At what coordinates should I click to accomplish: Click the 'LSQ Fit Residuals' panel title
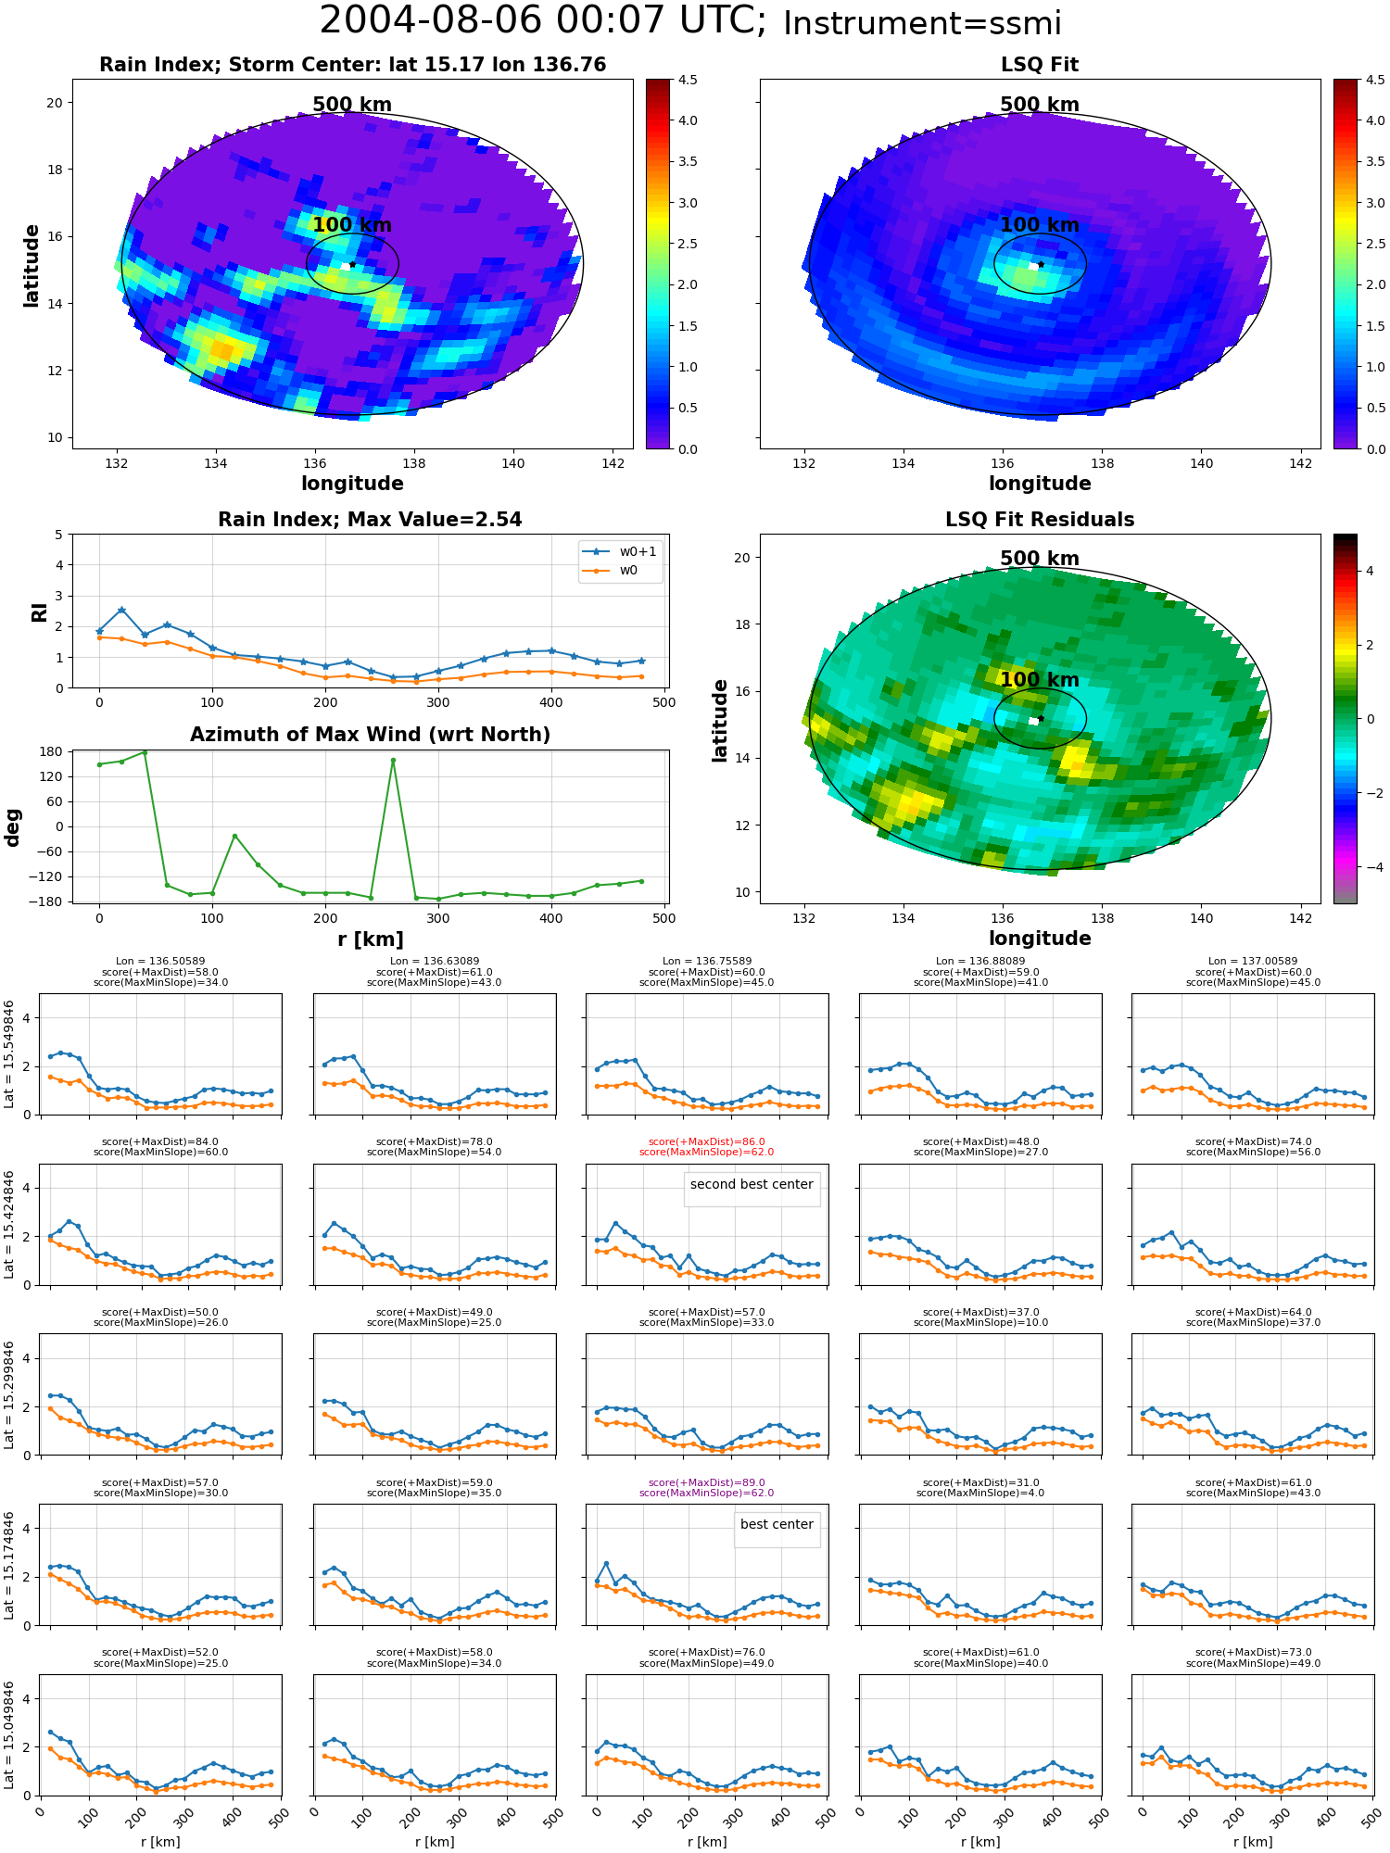pos(1040,520)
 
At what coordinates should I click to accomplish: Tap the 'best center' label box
pos(777,1524)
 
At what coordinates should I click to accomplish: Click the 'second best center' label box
pos(752,1184)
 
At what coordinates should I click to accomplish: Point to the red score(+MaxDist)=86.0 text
pos(707,1142)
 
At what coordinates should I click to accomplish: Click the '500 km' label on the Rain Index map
pos(352,105)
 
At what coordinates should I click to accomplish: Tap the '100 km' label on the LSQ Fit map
pos(1040,225)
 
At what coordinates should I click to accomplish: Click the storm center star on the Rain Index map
pos(352,264)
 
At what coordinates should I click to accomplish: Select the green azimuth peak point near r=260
pos(393,761)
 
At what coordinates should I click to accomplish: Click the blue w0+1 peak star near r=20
pos(121,610)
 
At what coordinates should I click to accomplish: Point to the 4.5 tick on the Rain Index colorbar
pos(688,80)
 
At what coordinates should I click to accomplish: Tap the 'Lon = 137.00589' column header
pos(1253,962)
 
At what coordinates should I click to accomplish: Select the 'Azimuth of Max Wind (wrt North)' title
pos(370,735)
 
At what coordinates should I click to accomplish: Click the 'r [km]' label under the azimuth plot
pos(370,939)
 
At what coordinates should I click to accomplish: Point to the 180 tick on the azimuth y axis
pos(51,751)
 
